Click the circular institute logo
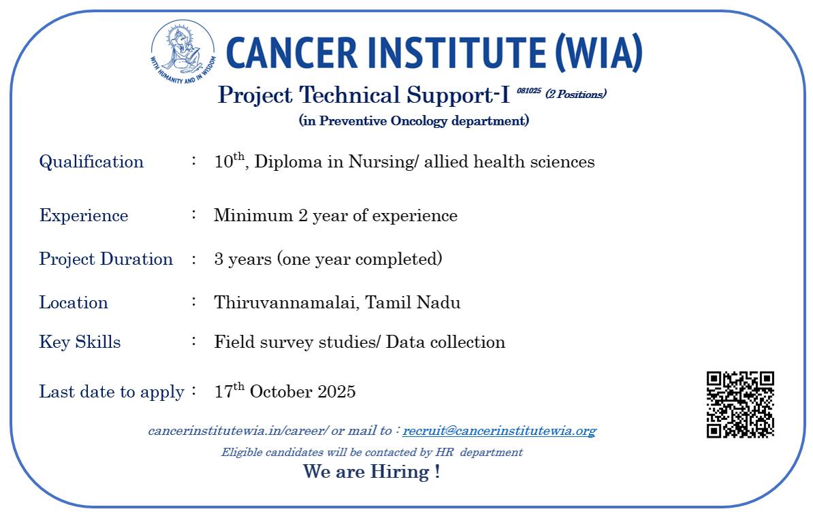pos(183,52)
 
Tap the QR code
pos(740,404)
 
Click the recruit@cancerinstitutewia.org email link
pos(499,431)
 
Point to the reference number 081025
pos(529,91)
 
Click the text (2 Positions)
pos(575,95)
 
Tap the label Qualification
pos(91,162)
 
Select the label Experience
pos(84,216)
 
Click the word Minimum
pos(253,215)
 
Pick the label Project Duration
pos(106,259)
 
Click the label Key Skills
pos(80,342)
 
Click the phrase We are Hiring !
pos(371,471)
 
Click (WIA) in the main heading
pos(599,53)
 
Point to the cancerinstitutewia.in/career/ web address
pos(238,431)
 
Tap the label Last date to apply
pos(112,392)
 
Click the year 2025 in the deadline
pos(336,391)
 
